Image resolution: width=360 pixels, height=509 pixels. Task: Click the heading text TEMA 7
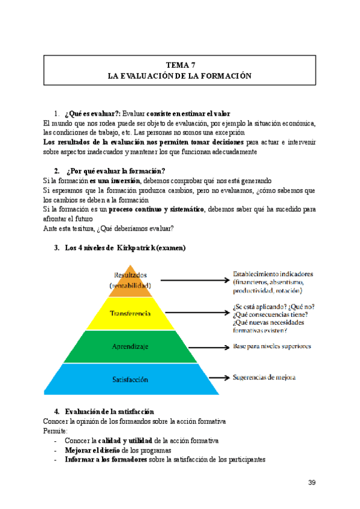(179, 65)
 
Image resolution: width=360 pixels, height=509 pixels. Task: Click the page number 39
(311, 483)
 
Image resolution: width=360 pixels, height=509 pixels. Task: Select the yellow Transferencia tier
(131, 314)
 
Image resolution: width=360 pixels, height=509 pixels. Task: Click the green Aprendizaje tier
(131, 347)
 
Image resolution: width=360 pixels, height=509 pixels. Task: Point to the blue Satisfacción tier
(131, 379)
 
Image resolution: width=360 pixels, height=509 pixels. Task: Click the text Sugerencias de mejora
(264, 378)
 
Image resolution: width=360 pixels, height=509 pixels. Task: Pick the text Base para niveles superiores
(272, 346)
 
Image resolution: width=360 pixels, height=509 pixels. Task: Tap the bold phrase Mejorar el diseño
(92, 450)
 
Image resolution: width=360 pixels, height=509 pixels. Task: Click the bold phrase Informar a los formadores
(109, 460)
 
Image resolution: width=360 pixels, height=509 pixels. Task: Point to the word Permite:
(56, 431)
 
